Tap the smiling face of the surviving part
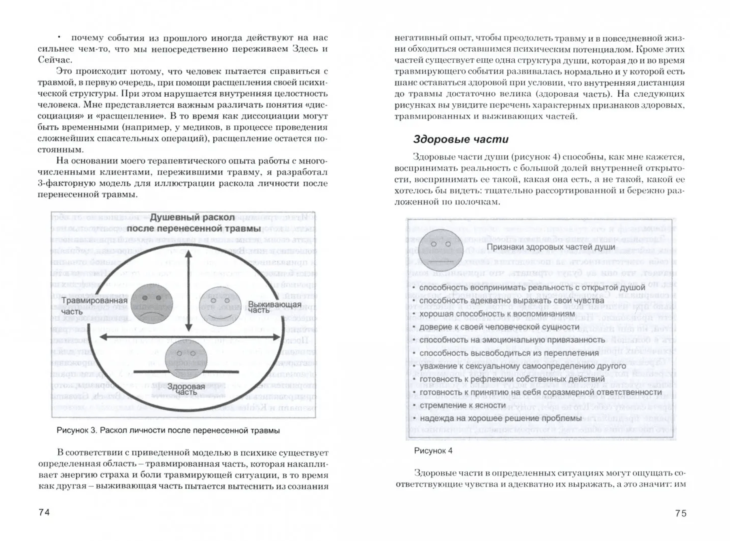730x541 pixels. pyautogui.click(x=220, y=306)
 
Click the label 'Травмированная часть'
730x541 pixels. pyautogui.click(x=94, y=306)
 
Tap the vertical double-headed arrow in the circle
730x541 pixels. pyautogui.click(x=188, y=291)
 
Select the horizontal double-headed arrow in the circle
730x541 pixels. pyautogui.click(x=190, y=337)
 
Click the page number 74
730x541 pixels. pyautogui.click(x=44, y=512)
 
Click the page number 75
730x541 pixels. pyautogui.click(x=681, y=513)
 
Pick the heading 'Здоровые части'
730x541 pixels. pyautogui.click(x=460, y=140)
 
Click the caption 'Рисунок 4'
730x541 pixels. pyautogui.click(x=433, y=451)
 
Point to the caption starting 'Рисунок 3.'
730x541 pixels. pyautogui.click(x=168, y=430)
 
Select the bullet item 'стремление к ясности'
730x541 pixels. pyautogui.click(x=462, y=405)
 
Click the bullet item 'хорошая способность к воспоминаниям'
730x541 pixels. pyautogui.click(x=497, y=314)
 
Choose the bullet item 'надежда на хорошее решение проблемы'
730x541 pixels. pyautogui.click(x=500, y=418)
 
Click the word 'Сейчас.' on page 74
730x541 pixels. pyautogui.click(x=55, y=60)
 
